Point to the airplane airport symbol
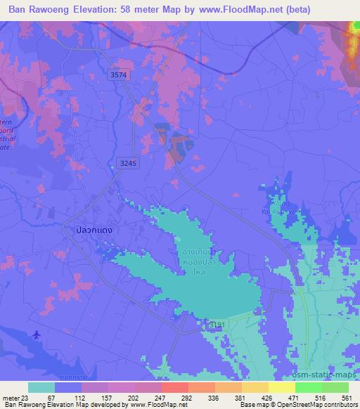37,335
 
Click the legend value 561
347,397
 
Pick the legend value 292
188,397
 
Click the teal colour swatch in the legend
41,387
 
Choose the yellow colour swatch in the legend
281,387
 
